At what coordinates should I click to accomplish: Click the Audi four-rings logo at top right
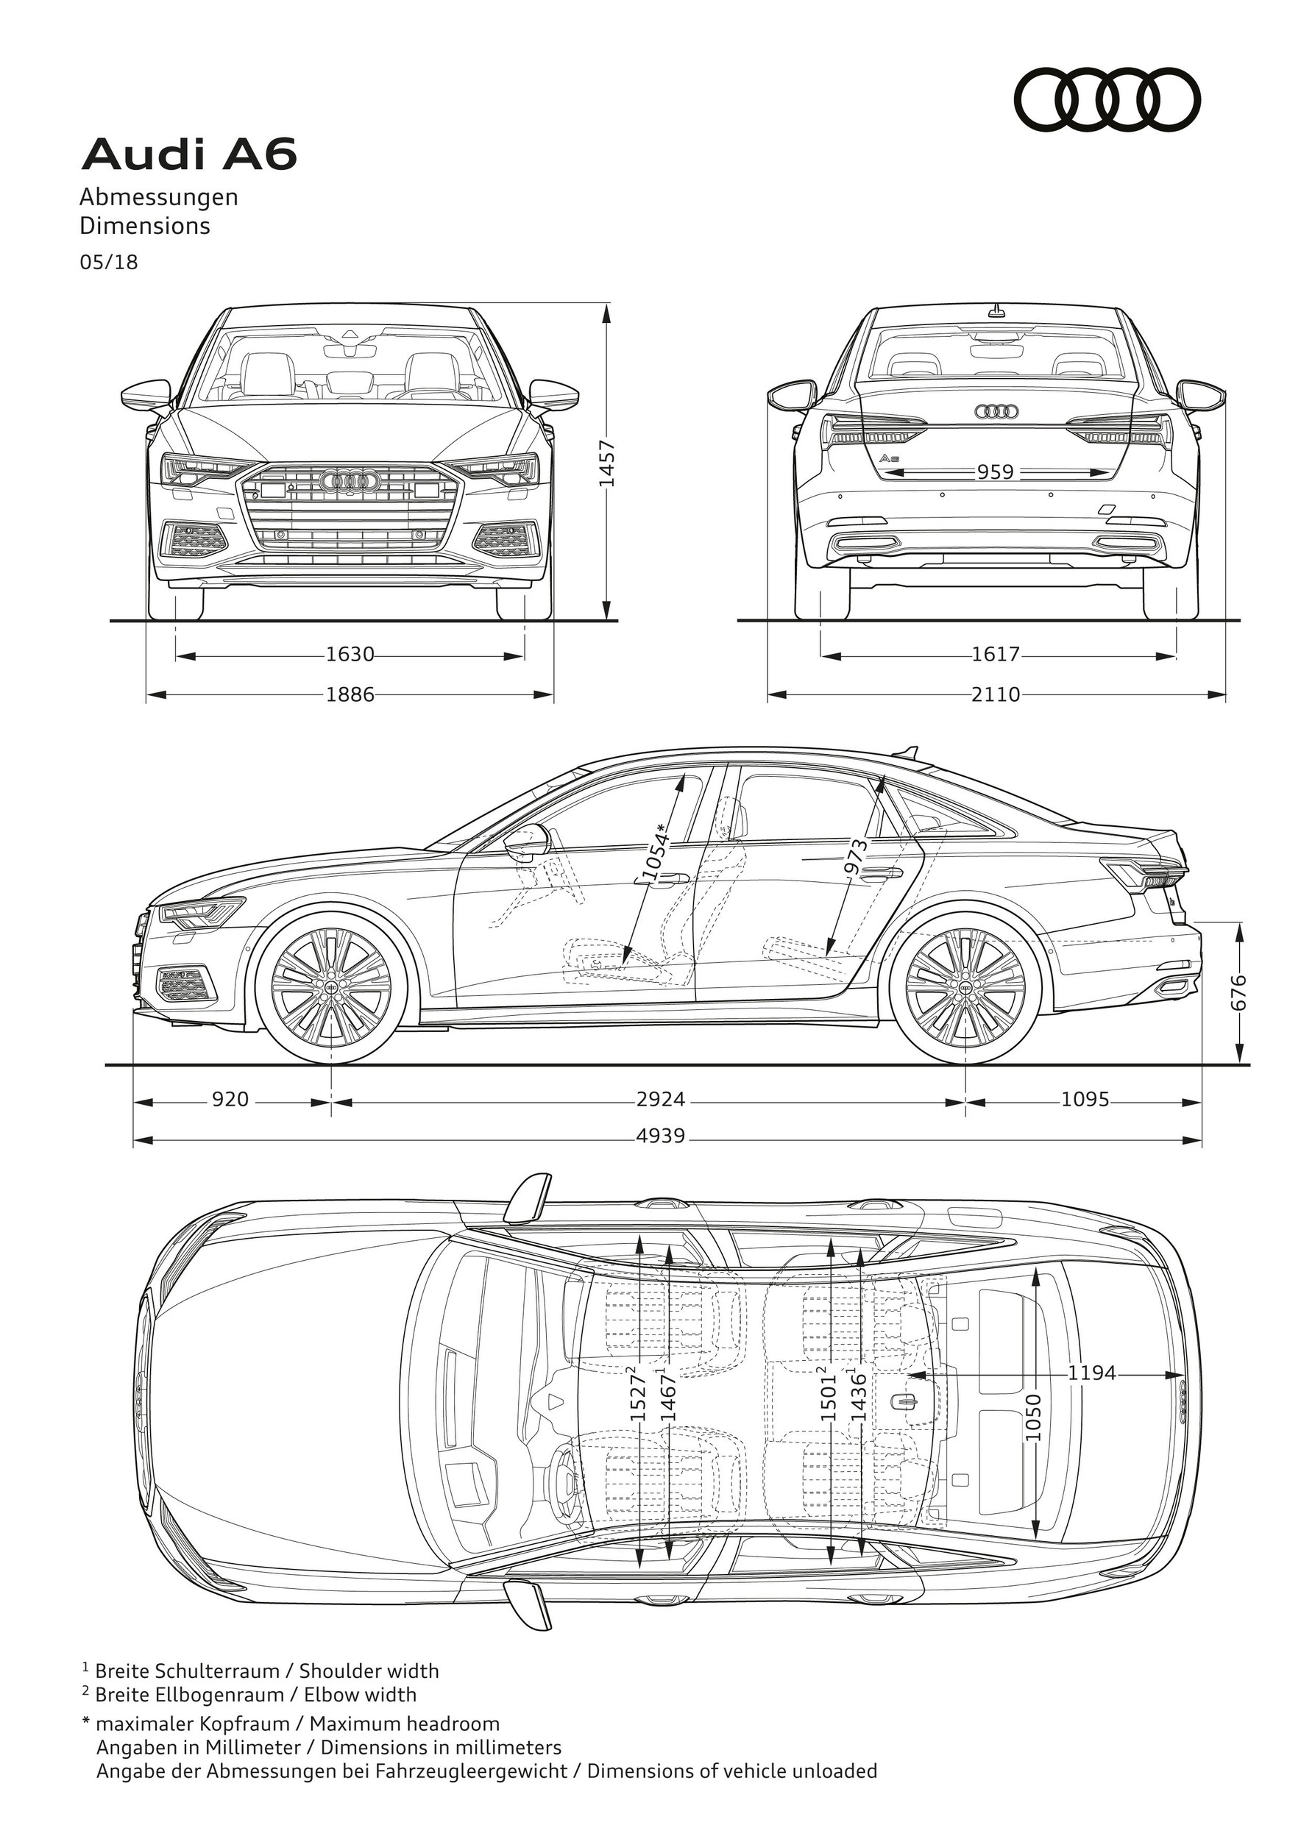click(x=1108, y=100)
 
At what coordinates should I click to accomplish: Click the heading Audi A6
click(x=189, y=154)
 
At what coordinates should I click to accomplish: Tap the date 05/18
click(x=108, y=263)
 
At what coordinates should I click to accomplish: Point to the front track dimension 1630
click(x=350, y=655)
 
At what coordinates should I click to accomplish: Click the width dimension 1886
click(x=350, y=694)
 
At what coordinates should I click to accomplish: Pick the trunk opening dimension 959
click(x=995, y=472)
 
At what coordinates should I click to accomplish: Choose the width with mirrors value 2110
click(x=996, y=694)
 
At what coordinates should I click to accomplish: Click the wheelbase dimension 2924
click(x=661, y=1099)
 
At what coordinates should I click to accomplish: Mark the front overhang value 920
click(x=230, y=1099)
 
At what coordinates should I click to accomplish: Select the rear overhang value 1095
click(x=1085, y=1099)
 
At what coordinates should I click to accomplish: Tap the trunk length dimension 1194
click(x=1092, y=1373)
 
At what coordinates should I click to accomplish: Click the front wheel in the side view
click(x=332, y=989)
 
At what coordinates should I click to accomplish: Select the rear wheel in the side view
click(x=965, y=989)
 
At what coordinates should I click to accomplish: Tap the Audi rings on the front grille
click(x=349, y=480)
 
